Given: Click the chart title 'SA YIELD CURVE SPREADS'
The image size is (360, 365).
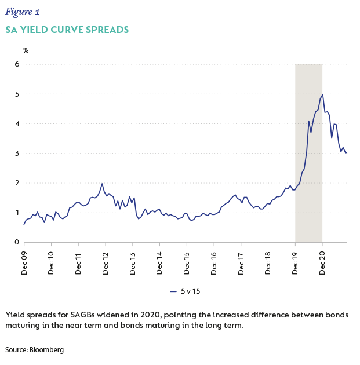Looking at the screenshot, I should tap(67, 30).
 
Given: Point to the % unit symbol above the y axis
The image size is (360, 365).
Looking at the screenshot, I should tap(26, 50).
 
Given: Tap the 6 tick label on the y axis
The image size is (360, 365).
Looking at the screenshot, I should tap(17, 64).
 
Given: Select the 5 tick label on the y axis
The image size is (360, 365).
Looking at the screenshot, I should tap(17, 94).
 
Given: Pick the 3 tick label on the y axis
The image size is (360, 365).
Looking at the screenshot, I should tap(17, 154).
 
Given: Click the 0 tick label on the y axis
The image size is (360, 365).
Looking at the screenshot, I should tap(17, 242).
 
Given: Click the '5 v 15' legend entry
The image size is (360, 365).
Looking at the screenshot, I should tap(188, 291).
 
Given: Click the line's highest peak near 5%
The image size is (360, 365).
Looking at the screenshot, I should tap(322, 94).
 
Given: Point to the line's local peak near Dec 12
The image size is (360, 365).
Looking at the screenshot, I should tap(102, 184).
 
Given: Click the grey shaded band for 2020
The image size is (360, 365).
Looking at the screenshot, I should tap(308, 174).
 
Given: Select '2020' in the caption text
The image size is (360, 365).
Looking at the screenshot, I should tap(159, 315).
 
